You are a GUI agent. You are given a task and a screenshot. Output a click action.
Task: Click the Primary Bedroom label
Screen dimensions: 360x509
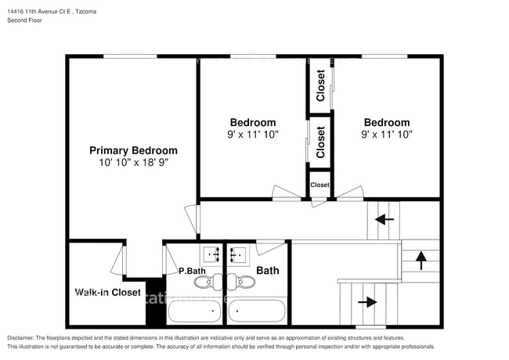(133, 150)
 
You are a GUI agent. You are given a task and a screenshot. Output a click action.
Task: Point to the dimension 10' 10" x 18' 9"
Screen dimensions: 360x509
(133, 164)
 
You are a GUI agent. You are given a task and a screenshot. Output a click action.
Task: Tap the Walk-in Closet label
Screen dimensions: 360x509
(108, 293)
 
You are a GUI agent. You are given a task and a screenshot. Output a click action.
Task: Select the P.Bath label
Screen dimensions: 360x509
(192, 271)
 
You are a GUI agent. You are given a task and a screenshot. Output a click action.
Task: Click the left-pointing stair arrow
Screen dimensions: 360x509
(384, 220)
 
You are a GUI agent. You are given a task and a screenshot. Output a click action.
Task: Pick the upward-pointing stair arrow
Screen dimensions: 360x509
(421, 259)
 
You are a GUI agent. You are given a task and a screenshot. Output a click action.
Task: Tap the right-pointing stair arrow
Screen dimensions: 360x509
(366, 301)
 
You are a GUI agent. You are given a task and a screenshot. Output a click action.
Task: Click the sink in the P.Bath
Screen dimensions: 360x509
(212, 254)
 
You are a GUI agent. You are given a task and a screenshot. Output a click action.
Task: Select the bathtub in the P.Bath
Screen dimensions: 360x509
(195, 311)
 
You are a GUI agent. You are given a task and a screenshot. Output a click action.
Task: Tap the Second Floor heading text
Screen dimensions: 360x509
(24, 20)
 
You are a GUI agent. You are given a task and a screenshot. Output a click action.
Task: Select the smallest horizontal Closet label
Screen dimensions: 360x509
(320, 185)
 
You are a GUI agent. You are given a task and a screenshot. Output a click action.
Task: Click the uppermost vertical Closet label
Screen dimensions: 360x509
(320, 85)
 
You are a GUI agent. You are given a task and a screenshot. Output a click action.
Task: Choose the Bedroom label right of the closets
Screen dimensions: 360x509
(386, 122)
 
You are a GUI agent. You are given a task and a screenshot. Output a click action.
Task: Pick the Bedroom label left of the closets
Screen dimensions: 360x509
(252, 122)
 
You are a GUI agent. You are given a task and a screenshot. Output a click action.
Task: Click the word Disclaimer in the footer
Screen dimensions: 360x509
(23, 337)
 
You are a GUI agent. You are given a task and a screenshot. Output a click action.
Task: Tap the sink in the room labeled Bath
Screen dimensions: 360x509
(239, 254)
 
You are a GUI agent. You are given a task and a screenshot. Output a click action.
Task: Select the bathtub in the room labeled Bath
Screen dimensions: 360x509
(258, 311)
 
